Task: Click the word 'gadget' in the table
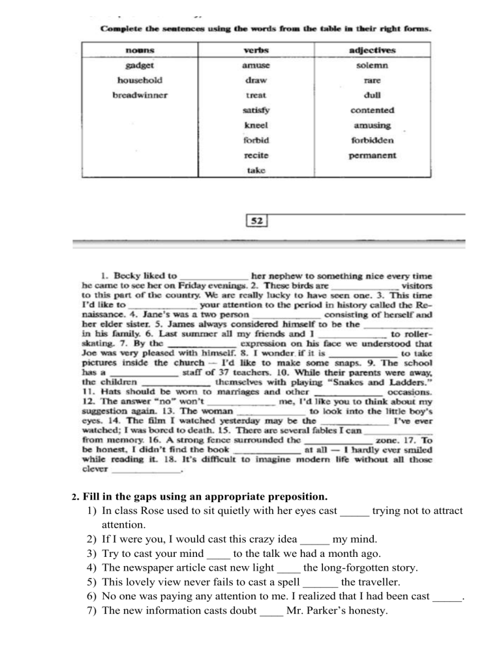139,66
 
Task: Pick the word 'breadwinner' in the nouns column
140,95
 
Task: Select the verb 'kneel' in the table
251,125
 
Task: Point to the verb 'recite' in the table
251,155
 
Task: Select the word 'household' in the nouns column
139,80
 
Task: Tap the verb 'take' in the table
251,170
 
